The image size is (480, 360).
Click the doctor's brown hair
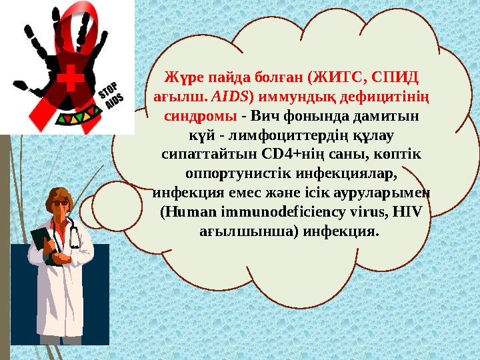tap(55, 197)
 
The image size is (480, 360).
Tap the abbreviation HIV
tap(403, 212)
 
